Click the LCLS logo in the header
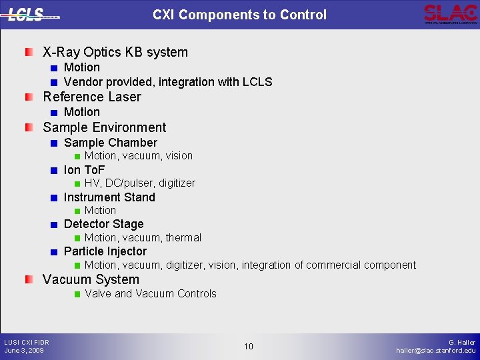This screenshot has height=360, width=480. (x=32, y=14)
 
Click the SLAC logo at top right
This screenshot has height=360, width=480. (x=450, y=13)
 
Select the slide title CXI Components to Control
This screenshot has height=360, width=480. (x=239, y=15)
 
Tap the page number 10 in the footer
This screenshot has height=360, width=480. (x=248, y=346)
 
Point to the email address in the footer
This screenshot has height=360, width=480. (x=436, y=351)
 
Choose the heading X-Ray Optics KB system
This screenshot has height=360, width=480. (x=115, y=52)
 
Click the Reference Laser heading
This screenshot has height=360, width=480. (x=92, y=97)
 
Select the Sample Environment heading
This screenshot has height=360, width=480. (x=105, y=127)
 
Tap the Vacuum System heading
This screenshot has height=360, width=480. (x=91, y=279)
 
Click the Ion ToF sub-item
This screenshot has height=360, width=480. (x=85, y=170)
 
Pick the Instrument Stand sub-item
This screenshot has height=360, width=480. (x=109, y=197)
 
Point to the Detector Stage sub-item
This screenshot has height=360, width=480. (x=103, y=224)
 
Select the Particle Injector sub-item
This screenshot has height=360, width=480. (x=105, y=251)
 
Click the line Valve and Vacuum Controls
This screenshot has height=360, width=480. (x=151, y=293)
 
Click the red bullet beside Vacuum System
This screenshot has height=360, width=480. (x=29, y=280)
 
